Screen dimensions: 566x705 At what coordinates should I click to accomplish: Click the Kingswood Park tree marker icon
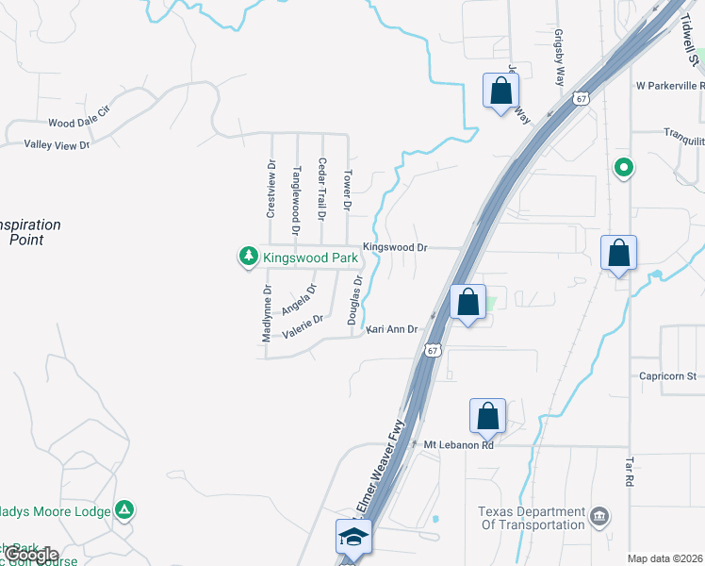[249, 256]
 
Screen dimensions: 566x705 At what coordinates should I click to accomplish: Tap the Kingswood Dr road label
[395, 248]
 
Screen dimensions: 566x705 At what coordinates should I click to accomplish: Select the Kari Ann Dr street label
[391, 329]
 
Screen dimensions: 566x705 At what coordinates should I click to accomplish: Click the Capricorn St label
[667, 375]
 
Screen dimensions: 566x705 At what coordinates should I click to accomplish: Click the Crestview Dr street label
[271, 189]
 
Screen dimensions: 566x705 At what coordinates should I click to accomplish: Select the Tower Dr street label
[347, 190]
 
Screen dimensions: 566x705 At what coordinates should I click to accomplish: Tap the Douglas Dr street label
[356, 300]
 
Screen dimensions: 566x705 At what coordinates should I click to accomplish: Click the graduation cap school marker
[354, 537]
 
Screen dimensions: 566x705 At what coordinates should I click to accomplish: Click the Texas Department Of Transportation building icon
[599, 516]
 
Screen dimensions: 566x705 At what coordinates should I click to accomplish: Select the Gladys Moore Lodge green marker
[124, 510]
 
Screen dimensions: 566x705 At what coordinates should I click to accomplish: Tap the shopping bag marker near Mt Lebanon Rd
[487, 415]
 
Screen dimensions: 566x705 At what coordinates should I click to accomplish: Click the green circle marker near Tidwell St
[622, 169]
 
